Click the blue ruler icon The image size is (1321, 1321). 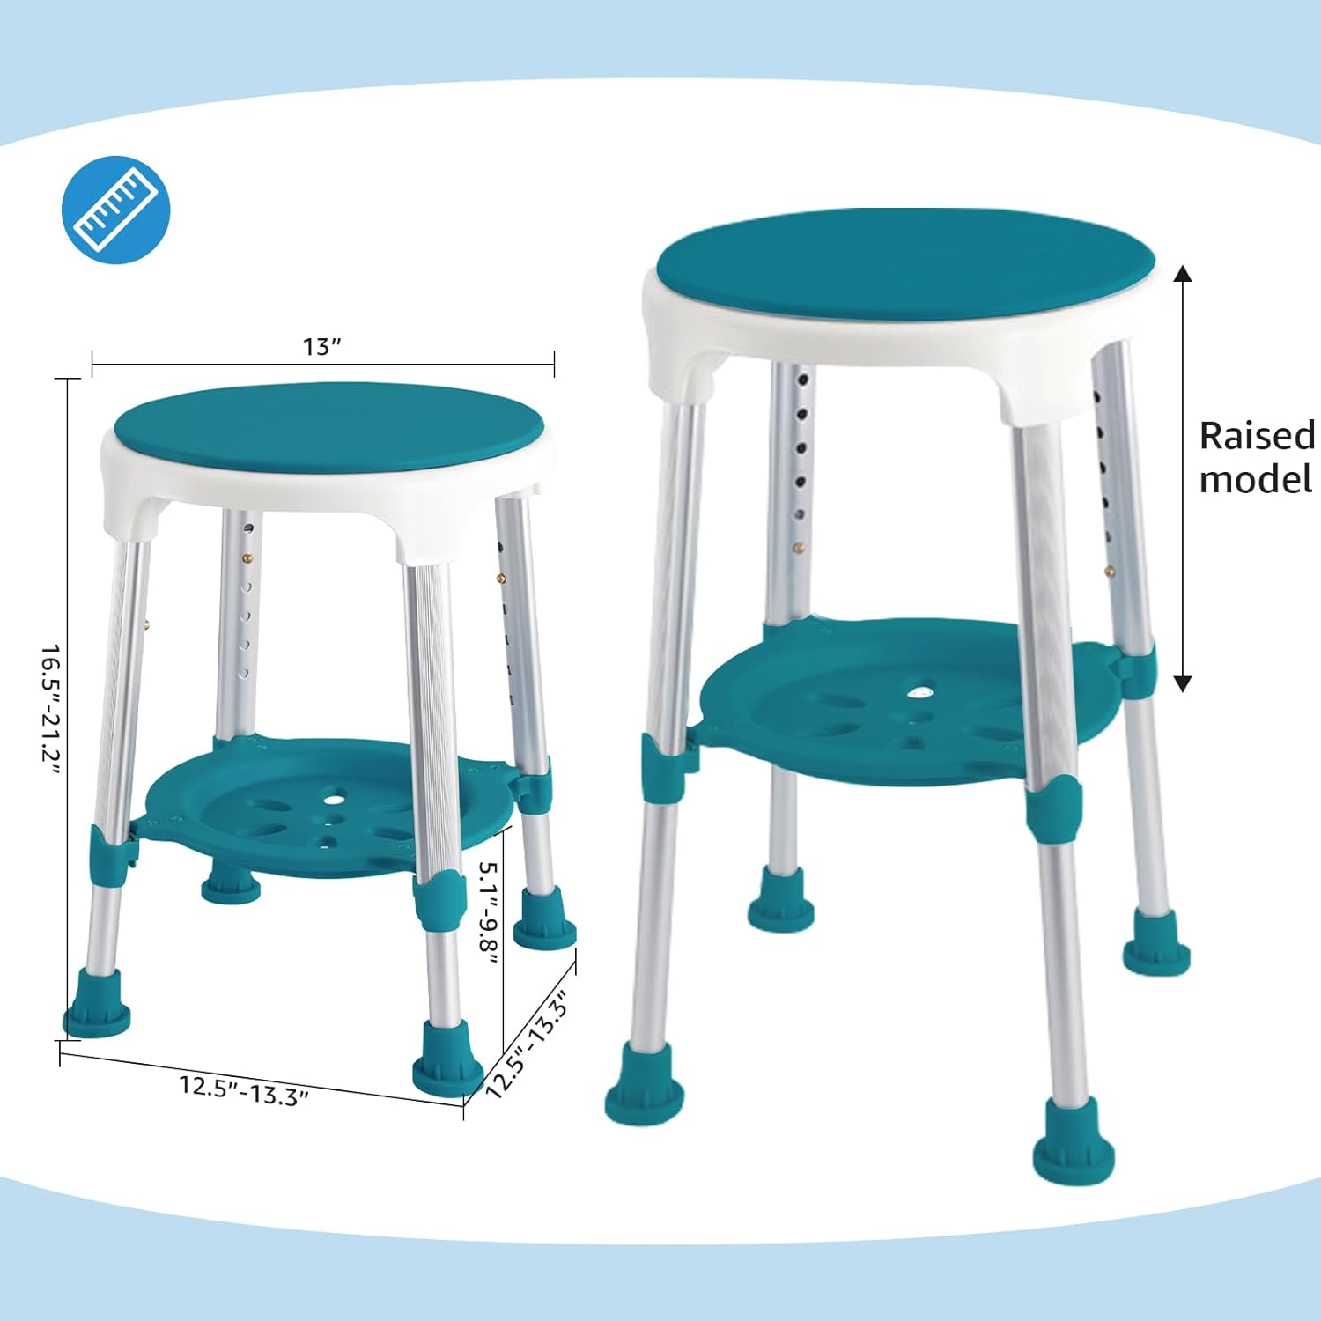coord(115,210)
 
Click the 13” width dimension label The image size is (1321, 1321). coord(321,347)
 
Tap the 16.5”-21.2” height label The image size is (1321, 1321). coord(51,709)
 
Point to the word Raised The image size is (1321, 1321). coord(1256,436)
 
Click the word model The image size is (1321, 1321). coord(1255,480)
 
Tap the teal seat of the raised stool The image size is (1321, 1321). coord(904,263)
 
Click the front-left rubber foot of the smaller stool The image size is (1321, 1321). coord(97,1005)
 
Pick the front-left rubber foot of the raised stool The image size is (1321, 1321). coord(644,1082)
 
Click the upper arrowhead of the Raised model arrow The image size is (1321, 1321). coord(1183,273)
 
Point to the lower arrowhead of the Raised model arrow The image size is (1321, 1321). coord(1183,683)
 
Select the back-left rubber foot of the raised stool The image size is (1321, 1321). coord(780,899)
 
